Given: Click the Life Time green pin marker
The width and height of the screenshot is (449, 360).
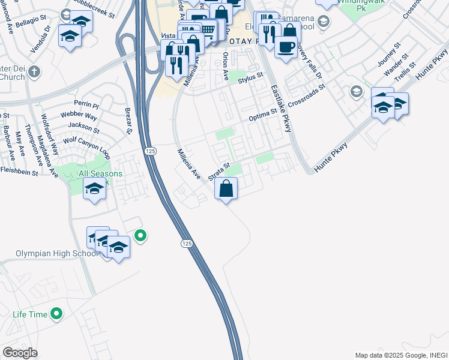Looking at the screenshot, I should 56,313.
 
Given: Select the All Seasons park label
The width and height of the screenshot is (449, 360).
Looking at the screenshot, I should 101,174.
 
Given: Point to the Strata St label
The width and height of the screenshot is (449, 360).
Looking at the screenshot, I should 219,170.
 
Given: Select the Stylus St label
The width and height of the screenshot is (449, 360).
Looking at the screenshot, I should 251,77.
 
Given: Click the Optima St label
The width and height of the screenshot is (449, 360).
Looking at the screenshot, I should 264,115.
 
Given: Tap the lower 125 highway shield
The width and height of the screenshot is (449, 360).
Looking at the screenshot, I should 187,243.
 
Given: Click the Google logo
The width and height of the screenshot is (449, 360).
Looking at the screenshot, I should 20,353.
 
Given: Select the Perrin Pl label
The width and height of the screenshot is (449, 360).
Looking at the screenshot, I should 86,104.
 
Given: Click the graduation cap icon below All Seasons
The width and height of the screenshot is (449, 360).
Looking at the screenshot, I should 94,190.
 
